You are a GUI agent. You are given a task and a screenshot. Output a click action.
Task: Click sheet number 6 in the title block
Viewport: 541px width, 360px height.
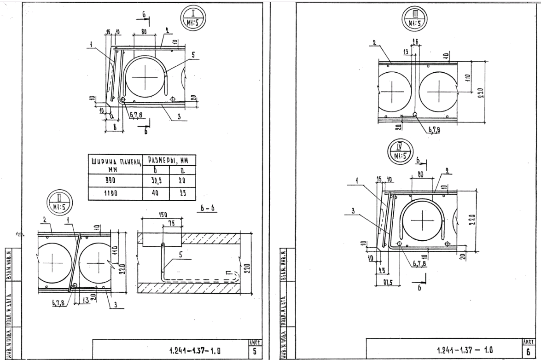528,351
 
